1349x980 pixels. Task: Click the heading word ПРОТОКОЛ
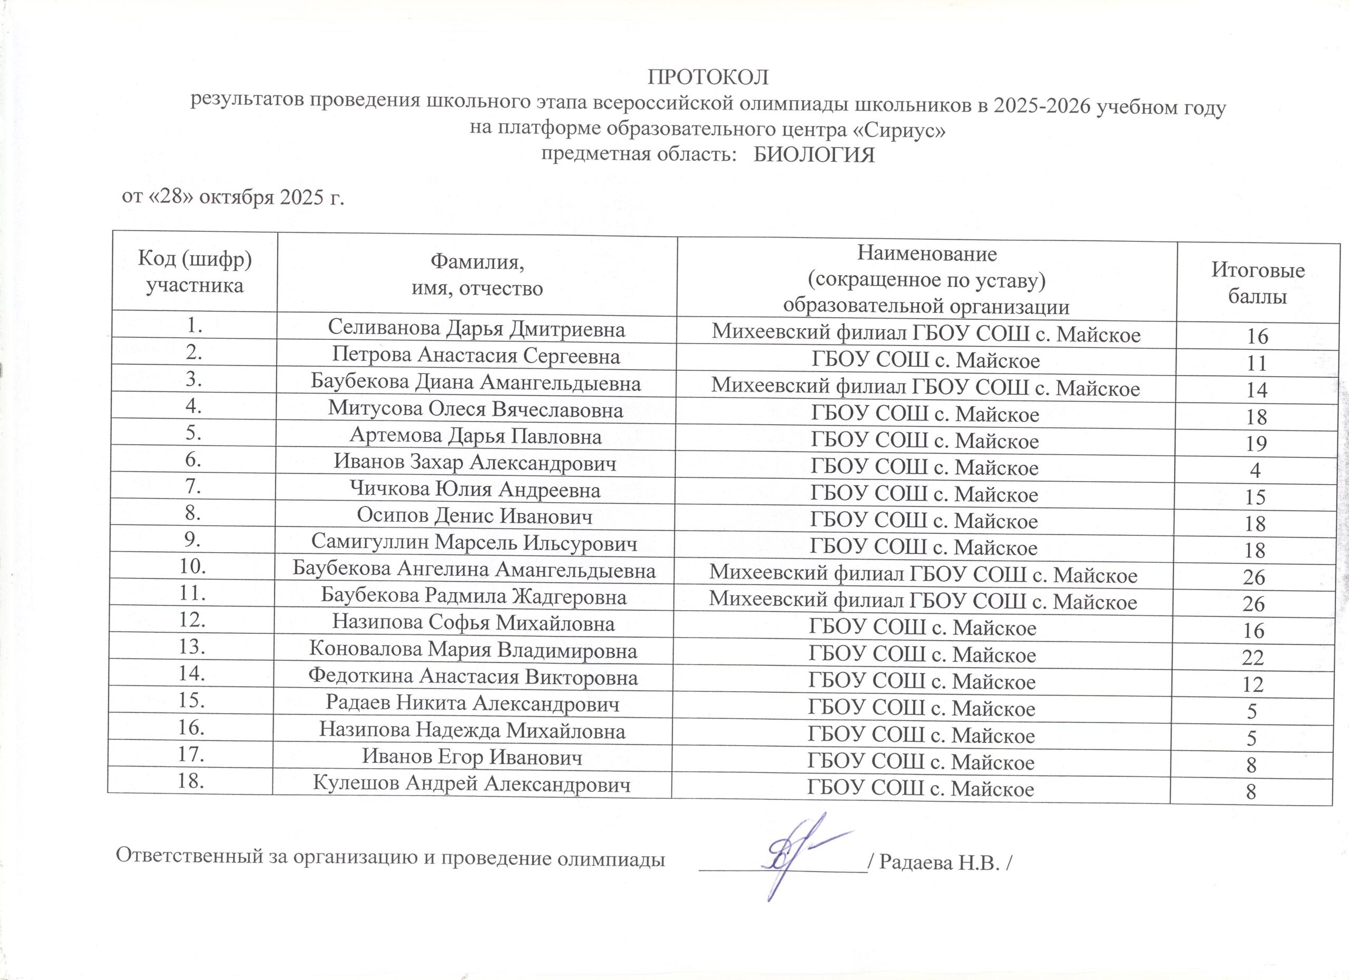[708, 77]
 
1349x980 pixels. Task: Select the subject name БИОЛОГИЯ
[814, 155]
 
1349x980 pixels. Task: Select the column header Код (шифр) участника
[194, 272]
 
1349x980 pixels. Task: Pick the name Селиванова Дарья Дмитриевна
[476, 329]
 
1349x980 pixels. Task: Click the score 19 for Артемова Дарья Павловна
[1256, 444]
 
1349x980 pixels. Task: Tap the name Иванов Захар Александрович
[475, 463]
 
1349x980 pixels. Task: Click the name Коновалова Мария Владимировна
[473, 651]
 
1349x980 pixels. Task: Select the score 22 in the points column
[1253, 658]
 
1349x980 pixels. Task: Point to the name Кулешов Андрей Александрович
[472, 785]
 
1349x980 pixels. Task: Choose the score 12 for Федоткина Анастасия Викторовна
[1253, 684]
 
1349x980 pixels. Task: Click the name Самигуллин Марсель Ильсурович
[475, 543]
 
